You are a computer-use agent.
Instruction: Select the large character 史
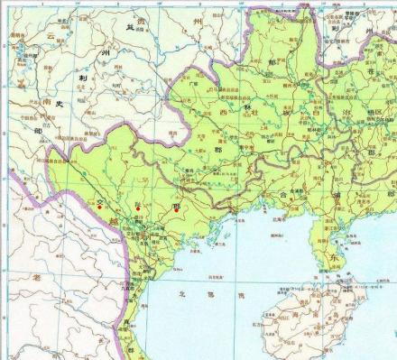coord(60,104)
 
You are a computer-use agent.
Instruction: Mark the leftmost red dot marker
coord(99,208)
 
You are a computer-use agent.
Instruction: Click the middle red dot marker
coord(137,208)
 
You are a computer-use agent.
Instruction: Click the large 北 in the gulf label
coord(182,294)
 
